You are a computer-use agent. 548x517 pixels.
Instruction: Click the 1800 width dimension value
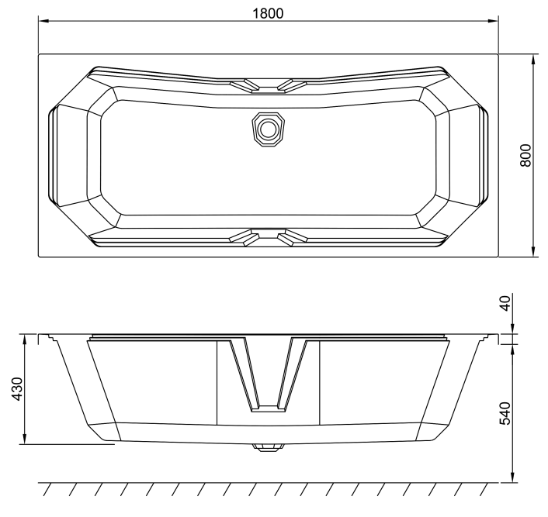click(x=268, y=13)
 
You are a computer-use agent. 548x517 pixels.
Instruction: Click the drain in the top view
click(x=269, y=127)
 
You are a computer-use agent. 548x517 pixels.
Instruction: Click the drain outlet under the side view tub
click(x=269, y=446)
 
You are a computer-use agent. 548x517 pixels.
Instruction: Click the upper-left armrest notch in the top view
click(x=245, y=85)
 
